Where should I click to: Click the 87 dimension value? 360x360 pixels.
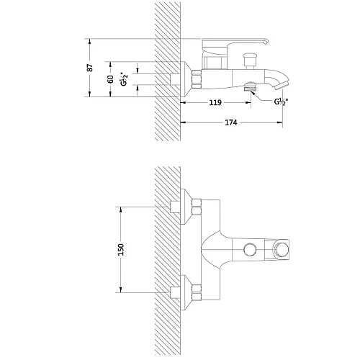(x=90, y=68)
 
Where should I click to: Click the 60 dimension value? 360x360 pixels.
(x=111, y=79)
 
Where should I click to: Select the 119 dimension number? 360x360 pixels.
(x=215, y=103)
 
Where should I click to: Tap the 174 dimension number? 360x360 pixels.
(x=231, y=122)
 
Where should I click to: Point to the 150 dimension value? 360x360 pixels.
(x=121, y=250)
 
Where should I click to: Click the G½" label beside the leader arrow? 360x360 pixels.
(x=281, y=102)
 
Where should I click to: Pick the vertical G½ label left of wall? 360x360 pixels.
(x=124, y=79)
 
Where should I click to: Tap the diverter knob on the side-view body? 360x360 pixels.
(x=251, y=61)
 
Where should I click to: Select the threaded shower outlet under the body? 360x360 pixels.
(x=251, y=86)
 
